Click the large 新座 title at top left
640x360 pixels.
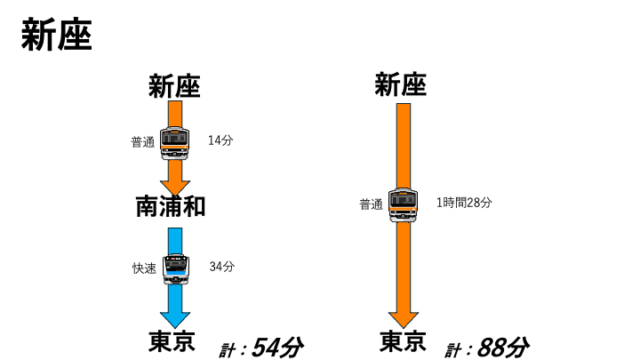coord(57,35)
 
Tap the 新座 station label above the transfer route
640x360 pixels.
coord(174,86)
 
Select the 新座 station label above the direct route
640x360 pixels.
coord(401,84)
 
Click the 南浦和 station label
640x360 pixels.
coord(170,206)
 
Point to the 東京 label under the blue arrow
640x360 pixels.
coord(172,341)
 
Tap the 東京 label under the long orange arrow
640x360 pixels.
coord(403,341)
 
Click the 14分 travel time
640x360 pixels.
coord(220,140)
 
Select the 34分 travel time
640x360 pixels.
coord(222,267)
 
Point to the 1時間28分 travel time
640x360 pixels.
coord(464,203)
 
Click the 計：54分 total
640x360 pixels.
coord(260,348)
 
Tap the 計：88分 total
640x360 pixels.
coord(487,348)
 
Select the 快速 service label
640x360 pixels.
coord(144,268)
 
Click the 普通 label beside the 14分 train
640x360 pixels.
coord(143,142)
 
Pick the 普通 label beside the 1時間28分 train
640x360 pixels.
coord(371,204)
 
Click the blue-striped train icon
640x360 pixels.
coord(176,269)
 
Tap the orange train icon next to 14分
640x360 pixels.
coord(175,143)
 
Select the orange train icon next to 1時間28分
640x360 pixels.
coord(404,205)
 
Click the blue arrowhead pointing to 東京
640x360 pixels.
coord(175,320)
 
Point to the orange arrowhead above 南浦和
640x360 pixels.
coord(175,188)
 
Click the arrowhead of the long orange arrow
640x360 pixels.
coord(404,320)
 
